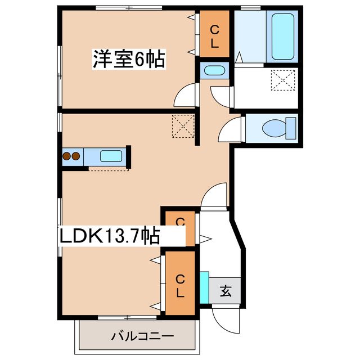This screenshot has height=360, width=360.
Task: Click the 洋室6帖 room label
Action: pos(129,58)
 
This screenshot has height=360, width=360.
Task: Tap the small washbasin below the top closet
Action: pos(214,71)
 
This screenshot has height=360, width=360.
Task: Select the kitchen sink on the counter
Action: pos(111,156)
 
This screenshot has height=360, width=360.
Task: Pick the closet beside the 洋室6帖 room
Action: pos(214,34)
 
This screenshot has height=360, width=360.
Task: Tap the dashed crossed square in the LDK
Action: pos(183,125)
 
